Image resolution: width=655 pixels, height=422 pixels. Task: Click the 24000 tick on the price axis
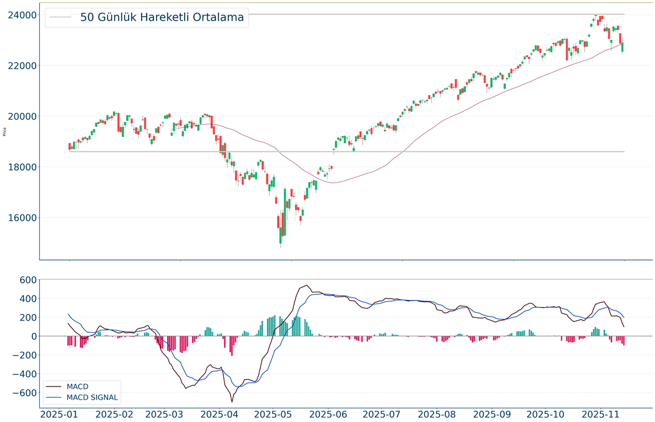coord(22,14)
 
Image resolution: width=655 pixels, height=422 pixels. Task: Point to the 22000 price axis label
coord(22,65)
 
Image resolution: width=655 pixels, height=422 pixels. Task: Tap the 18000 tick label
coord(22,167)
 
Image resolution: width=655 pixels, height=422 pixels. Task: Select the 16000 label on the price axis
coord(22,218)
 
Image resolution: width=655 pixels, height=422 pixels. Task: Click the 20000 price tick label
coord(22,117)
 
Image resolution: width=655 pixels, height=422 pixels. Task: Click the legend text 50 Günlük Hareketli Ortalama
coord(162,17)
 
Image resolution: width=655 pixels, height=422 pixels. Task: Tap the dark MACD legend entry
coord(77,386)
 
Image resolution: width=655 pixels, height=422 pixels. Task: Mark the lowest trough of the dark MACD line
coord(231,401)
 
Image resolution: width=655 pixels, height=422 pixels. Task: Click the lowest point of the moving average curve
coord(332,183)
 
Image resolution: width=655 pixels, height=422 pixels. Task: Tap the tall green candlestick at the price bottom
coord(284,212)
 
